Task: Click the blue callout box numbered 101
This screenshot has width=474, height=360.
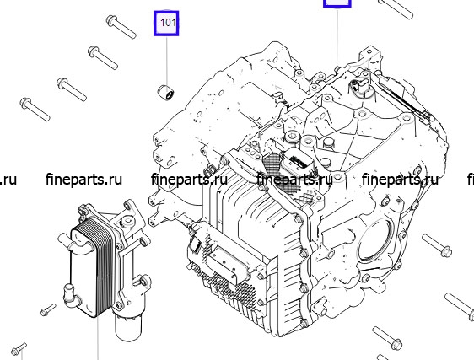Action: coord(166,24)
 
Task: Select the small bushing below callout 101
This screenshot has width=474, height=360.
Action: coord(166,93)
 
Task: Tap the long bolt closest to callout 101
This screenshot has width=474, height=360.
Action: coord(121,27)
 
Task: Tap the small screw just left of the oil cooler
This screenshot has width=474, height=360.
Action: coord(48,309)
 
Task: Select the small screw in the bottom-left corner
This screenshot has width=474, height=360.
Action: coord(19,349)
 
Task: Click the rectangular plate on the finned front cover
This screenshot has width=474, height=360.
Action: coord(228,262)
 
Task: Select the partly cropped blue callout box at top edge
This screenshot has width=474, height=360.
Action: coord(337,3)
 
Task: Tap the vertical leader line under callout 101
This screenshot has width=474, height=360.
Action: coord(166,61)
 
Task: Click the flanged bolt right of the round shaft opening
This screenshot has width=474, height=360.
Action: coord(437,245)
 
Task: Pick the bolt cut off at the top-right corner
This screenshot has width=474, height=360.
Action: coord(396,8)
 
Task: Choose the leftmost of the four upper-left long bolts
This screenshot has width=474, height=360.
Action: coord(35,109)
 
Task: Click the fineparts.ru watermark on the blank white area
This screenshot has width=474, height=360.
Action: coord(83,180)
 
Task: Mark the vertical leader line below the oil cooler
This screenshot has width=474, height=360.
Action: coord(98,339)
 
